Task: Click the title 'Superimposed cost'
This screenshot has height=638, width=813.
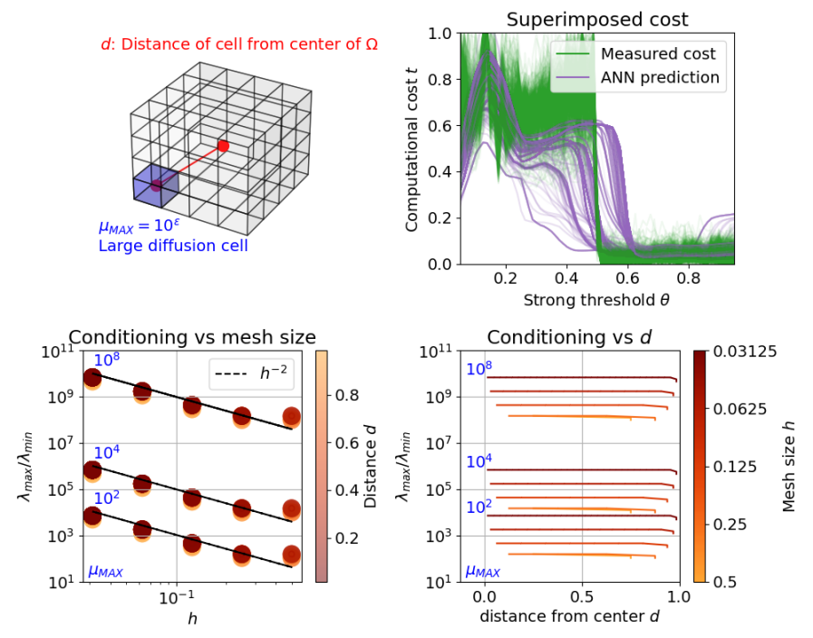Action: tap(597, 19)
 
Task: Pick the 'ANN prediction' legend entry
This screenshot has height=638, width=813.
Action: tap(660, 78)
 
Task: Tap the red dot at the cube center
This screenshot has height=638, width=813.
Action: tap(223, 145)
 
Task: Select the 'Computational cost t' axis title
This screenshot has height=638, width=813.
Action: tap(412, 149)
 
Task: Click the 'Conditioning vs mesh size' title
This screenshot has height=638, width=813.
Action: tap(192, 337)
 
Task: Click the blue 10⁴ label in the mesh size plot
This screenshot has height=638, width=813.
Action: tap(108, 452)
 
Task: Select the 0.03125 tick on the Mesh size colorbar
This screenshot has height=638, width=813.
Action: tap(742, 351)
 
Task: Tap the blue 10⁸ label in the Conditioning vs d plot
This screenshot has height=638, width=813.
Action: tap(480, 369)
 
